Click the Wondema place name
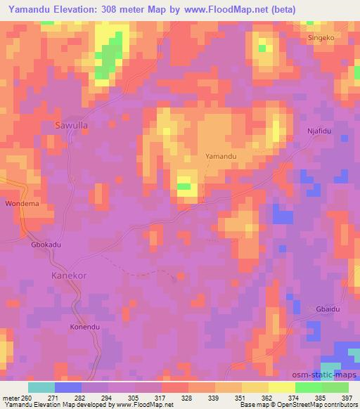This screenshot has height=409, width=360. pos(20,204)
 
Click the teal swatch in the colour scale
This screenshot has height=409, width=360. pos(41,387)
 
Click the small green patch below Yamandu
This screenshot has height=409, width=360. pos(184,186)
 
